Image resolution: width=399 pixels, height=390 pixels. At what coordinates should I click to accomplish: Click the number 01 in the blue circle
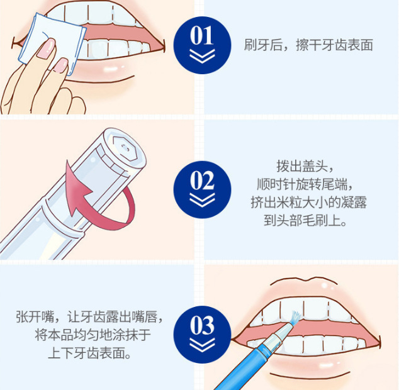coord(202,35)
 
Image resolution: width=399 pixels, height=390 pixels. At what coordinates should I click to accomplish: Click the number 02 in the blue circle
coord(202,180)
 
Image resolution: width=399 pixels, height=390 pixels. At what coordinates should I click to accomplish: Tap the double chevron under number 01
coord(202,56)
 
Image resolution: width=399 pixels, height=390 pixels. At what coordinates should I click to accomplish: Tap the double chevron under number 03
coord(202,345)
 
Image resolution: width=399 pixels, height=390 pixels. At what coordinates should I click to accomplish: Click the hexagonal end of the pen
coord(125,148)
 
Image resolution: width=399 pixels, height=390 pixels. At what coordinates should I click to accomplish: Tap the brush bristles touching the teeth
coord(296,318)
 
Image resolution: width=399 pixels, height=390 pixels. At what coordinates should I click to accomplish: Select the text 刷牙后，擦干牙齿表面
coord(308,45)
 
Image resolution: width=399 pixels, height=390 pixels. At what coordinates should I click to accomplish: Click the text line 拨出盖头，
coord(305,166)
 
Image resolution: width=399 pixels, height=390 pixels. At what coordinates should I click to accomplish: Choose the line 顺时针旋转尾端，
coord(305,184)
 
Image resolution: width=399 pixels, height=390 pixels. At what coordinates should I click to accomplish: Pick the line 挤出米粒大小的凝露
coord(308,203)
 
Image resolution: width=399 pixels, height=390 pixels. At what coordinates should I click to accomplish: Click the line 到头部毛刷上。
coord(305,220)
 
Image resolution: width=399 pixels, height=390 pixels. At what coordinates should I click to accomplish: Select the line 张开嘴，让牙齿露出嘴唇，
coord(89,317)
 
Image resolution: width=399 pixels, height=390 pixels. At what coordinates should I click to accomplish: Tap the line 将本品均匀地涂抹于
coord(93,335)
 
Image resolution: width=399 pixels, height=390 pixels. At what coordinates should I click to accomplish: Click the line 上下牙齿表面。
coord(89,353)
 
